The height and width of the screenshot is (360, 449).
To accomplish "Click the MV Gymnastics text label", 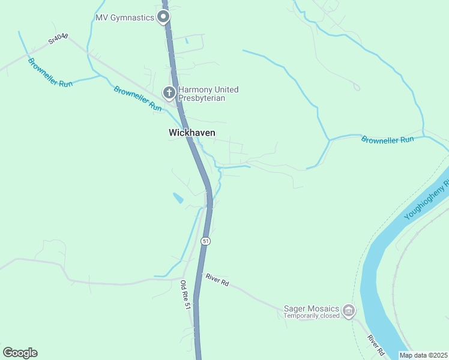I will (125, 17).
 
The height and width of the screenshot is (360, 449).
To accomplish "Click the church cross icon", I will (169, 93).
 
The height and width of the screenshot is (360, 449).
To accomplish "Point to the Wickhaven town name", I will (191, 133).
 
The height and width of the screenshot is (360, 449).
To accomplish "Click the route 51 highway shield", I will (206, 241).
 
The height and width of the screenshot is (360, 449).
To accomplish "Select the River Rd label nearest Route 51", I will (217, 279).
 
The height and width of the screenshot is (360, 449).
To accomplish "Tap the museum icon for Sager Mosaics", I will (349, 311).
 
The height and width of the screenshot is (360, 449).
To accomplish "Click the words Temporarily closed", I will (311, 316).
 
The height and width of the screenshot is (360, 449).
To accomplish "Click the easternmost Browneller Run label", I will (388, 140).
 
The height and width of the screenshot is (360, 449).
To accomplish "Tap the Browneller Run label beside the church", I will (138, 98).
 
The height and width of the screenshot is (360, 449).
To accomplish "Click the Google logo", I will (20, 353).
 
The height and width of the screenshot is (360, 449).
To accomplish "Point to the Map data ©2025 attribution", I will (423, 355).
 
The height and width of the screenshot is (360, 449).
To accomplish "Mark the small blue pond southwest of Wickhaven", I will (178, 197).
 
